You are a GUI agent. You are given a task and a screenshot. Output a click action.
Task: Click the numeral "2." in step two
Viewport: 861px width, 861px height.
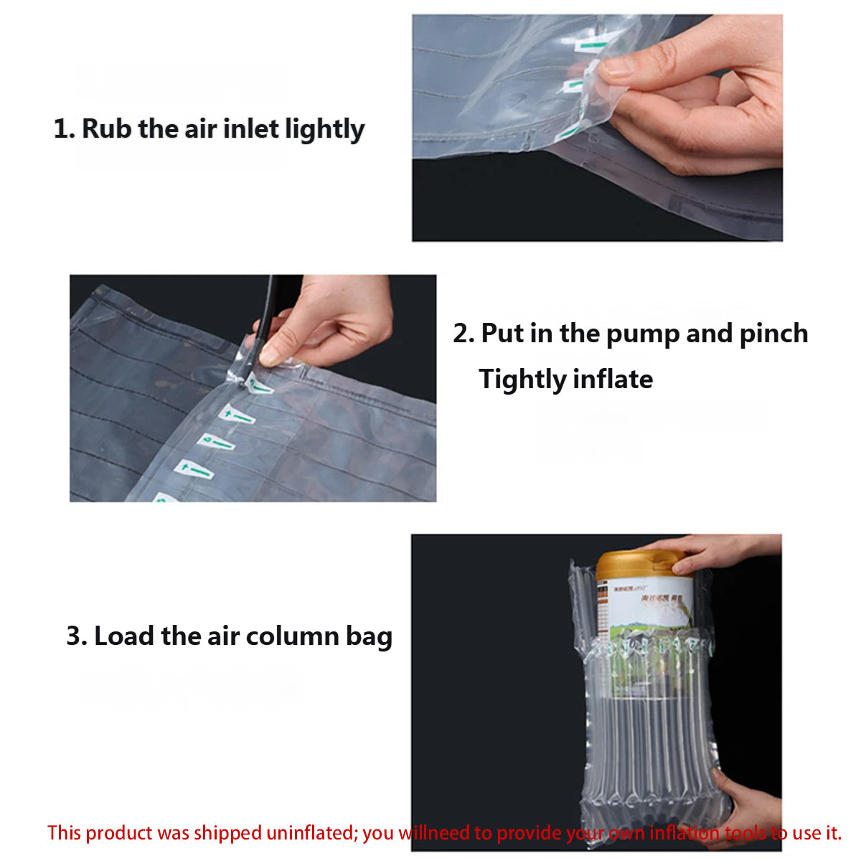click(x=464, y=334)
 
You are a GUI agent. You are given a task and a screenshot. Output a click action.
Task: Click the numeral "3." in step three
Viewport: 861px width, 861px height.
click(x=77, y=636)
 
